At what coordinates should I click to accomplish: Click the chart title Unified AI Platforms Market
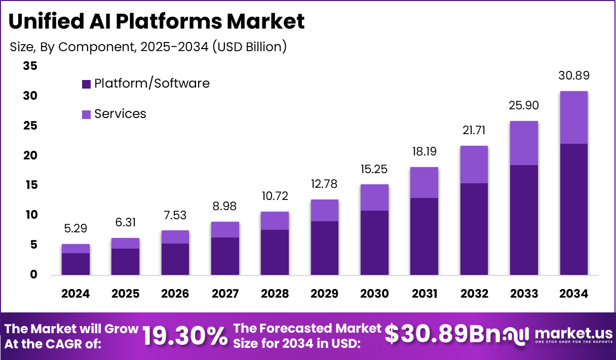pyautogui.click(x=157, y=21)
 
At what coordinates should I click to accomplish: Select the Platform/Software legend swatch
pyautogui.click(x=86, y=84)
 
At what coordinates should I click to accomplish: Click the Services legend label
pyautogui.click(x=120, y=114)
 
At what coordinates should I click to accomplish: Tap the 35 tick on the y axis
pyautogui.click(x=30, y=66)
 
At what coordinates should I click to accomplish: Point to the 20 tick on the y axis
pyautogui.click(x=30, y=155)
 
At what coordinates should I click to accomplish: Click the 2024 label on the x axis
pyautogui.click(x=76, y=294)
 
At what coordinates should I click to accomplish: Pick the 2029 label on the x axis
pyautogui.click(x=325, y=294)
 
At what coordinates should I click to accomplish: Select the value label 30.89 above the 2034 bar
pyautogui.click(x=573, y=76)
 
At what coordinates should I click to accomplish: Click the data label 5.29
pyautogui.click(x=76, y=229)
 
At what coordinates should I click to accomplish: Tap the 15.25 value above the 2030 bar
pyautogui.click(x=374, y=169)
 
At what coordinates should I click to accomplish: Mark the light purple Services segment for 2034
pyautogui.click(x=573, y=117)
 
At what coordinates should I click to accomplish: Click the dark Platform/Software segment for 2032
pyautogui.click(x=474, y=229)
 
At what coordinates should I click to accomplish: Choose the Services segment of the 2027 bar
pyautogui.click(x=225, y=229)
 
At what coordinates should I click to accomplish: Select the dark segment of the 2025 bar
pyautogui.click(x=126, y=261)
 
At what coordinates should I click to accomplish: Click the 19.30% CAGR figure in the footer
pyautogui.click(x=184, y=336)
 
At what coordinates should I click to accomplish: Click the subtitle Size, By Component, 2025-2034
pyautogui.click(x=148, y=47)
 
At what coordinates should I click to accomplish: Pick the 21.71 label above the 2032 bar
pyautogui.click(x=474, y=131)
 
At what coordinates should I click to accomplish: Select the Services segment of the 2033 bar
pyautogui.click(x=524, y=143)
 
